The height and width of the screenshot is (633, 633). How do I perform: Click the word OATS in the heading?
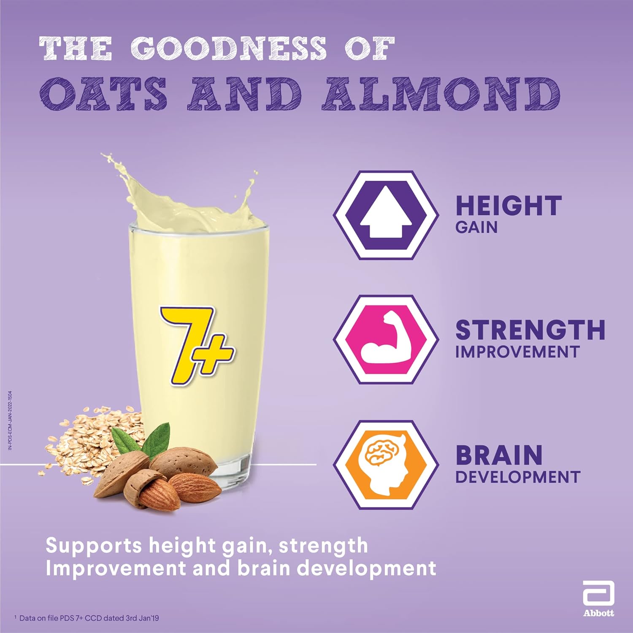pos(103,94)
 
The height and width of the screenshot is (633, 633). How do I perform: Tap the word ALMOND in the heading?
pos(441,94)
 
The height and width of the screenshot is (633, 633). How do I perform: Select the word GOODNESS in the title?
pos(228,48)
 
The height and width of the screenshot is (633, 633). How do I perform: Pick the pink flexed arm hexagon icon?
pos(386,340)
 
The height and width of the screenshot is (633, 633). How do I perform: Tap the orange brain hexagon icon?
pos(386,465)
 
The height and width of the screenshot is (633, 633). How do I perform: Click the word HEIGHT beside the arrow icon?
pos(509,206)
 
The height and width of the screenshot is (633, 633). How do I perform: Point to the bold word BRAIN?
pos(499,455)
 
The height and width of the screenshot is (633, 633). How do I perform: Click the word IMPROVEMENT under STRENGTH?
pos(517,352)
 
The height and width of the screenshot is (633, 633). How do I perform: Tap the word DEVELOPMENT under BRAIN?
pos(518,477)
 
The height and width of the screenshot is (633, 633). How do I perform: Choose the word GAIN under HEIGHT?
pos(476,227)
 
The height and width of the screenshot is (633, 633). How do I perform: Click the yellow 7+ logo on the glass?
pos(196,345)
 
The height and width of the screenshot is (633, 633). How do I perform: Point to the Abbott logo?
pos(598,599)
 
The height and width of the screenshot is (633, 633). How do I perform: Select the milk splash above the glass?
pos(186,194)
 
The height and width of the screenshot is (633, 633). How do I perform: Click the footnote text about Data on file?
pos(87,618)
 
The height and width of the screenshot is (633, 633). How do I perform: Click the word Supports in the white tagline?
pos(94,546)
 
